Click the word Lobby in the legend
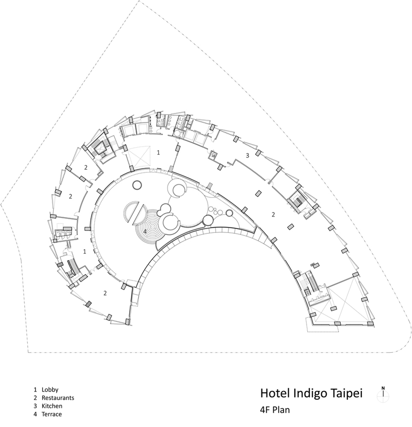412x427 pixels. (x=50, y=390)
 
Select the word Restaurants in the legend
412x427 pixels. (x=58, y=398)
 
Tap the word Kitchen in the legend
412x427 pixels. (x=52, y=406)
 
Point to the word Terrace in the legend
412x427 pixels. (x=52, y=414)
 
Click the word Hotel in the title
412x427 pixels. (x=275, y=393)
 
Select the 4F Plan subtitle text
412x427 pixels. (x=275, y=410)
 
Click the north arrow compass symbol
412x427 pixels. (x=383, y=393)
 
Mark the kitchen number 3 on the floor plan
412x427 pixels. (x=247, y=156)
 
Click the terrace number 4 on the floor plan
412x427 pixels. (x=145, y=232)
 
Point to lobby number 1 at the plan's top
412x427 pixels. (x=158, y=153)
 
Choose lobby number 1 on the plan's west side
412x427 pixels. (x=84, y=252)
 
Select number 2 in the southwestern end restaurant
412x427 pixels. (x=105, y=293)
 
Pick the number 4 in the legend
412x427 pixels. (x=35, y=414)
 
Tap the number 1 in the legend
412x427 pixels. (x=35, y=390)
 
